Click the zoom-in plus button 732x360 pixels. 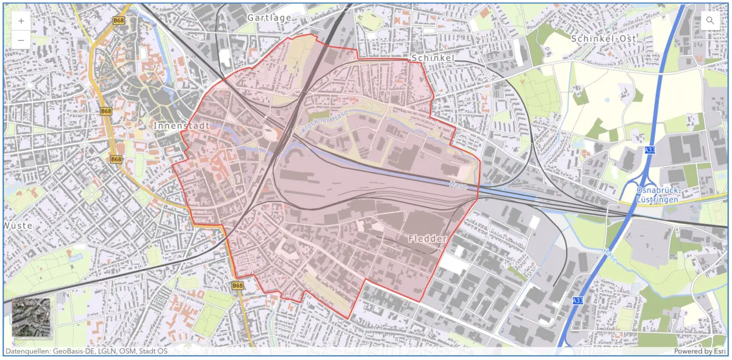(x=21, y=21)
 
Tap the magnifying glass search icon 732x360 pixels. (x=710, y=21)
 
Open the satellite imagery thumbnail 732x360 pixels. (x=32, y=318)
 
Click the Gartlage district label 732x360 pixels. (x=269, y=18)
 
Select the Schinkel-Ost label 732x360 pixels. (x=604, y=38)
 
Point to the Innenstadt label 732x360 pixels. (x=181, y=126)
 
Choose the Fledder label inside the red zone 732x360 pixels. (x=427, y=239)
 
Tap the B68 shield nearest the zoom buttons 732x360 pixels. (x=119, y=21)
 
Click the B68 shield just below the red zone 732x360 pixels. (x=238, y=286)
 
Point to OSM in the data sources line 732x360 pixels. (x=124, y=351)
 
